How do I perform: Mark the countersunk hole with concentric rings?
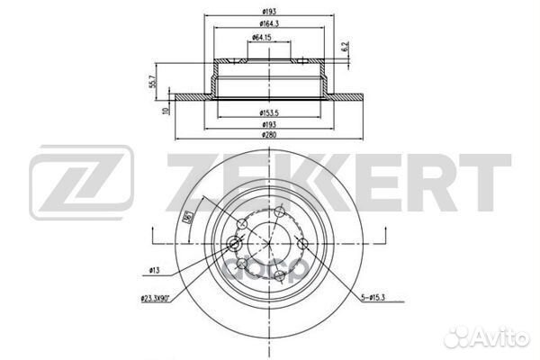(236, 244)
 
